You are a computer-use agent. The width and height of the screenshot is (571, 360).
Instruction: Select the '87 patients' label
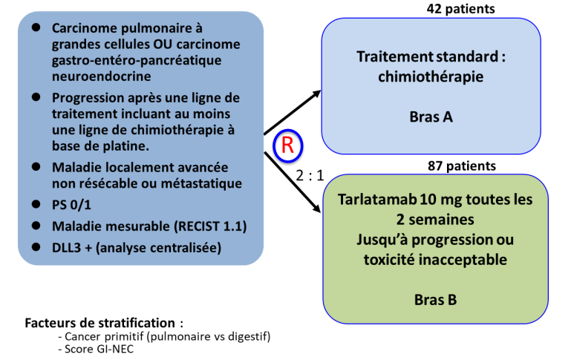point(461,166)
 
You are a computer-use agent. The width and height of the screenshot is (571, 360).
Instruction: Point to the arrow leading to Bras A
point(293,113)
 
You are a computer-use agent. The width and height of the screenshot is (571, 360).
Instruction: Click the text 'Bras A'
point(431,117)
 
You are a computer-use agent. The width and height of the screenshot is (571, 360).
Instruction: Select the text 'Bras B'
point(437,300)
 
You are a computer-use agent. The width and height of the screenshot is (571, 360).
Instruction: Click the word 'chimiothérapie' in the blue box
point(431,76)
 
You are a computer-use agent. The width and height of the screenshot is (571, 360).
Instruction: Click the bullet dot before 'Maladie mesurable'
point(36,225)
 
